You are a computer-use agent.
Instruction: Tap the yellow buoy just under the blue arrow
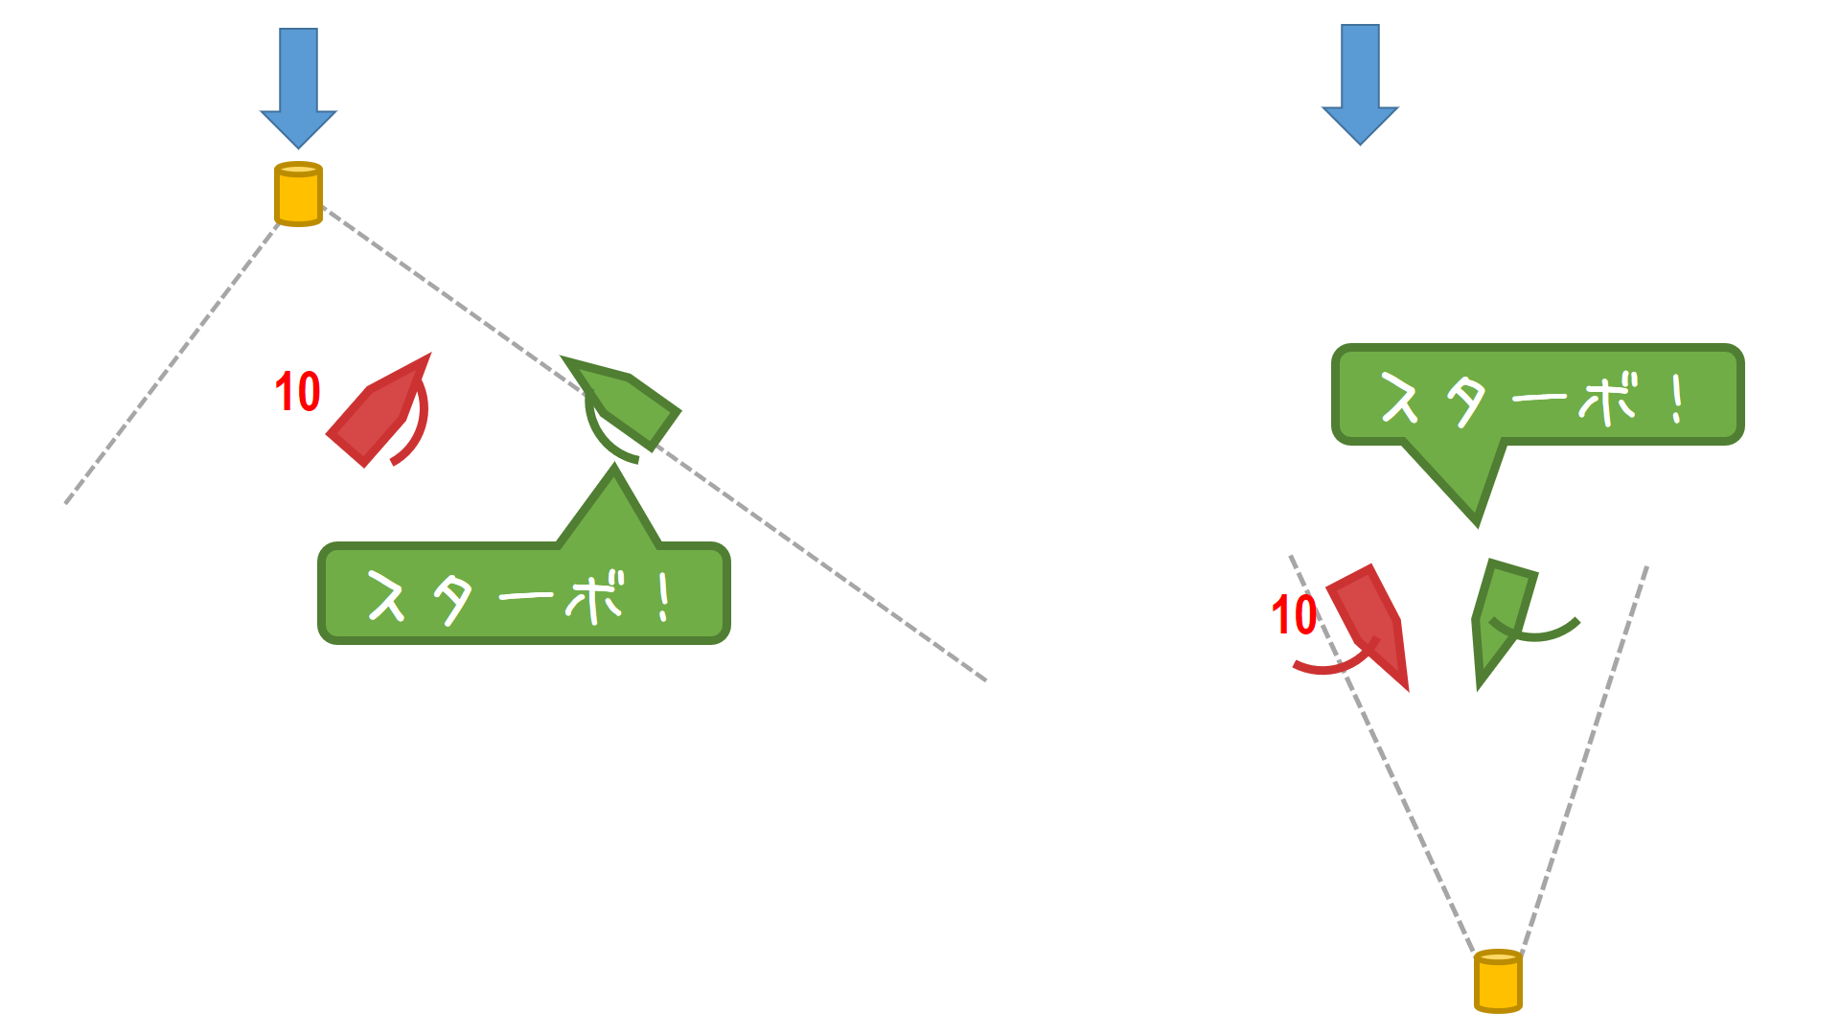coord(298,195)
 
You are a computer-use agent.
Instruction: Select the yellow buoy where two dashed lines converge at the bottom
coord(1498,980)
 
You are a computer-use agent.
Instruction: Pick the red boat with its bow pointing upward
coord(377,411)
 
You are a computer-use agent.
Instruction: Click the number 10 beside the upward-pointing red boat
coord(297,392)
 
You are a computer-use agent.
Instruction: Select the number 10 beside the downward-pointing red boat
coord(1294,615)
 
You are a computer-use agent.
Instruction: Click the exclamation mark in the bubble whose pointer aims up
coord(664,597)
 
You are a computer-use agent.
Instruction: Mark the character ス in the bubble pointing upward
coord(387,597)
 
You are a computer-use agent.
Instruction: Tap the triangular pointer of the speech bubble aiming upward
coord(610,508)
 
